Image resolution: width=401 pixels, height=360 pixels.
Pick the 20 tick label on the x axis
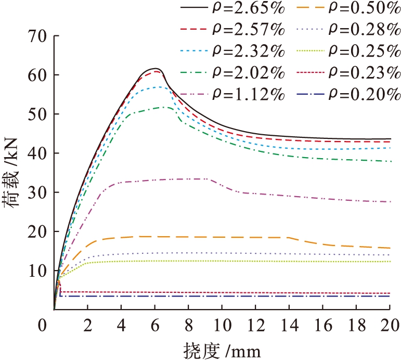(x=390, y=323)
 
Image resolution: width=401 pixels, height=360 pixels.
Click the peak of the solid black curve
(x=155, y=68)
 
